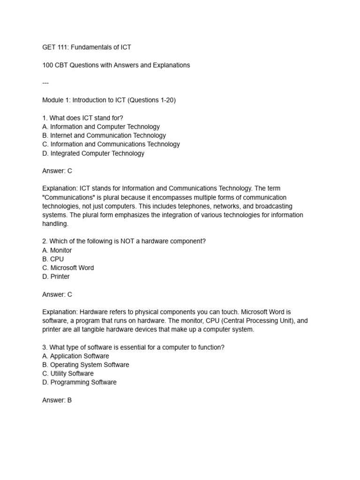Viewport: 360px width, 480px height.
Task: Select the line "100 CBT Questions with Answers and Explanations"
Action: [x=116, y=65]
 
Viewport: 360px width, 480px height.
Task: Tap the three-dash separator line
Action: [x=45, y=83]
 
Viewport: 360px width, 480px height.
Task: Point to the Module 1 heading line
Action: [x=109, y=100]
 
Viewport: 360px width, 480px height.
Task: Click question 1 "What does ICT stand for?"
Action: [x=82, y=118]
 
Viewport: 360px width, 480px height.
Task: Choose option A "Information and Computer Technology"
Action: [x=101, y=127]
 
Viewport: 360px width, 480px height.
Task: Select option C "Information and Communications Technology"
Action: [x=111, y=144]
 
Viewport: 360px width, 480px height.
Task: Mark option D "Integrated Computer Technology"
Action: [x=93, y=153]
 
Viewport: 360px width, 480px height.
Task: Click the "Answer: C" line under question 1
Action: [x=57, y=171]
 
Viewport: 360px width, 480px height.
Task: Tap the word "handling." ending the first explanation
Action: [x=55, y=224]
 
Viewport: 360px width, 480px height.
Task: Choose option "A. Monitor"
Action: [x=57, y=250]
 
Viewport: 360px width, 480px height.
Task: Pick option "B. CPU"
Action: [x=53, y=259]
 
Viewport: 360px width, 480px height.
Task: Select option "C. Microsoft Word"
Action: [x=68, y=268]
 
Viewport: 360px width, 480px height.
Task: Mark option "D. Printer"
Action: [x=56, y=277]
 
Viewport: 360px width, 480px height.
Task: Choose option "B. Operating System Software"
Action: [x=85, y=365]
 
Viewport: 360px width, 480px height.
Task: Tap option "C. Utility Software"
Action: [x=68, y=374]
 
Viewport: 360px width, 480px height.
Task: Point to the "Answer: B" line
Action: [x=57, y=400]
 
